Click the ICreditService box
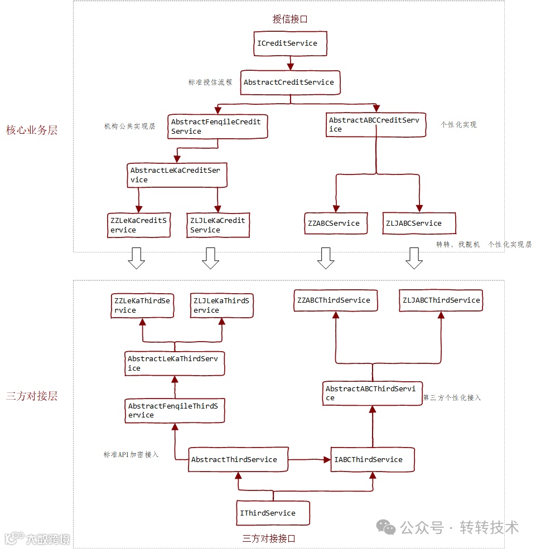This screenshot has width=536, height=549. point(289,43)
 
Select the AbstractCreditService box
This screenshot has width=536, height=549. point(290,82)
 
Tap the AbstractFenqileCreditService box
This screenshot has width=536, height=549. point(218,127)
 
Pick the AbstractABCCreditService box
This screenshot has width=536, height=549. point(375,125)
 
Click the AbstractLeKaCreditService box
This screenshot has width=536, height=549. point(177,175)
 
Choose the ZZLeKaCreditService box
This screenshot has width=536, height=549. point(139,225)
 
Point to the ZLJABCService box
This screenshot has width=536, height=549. point(419,224)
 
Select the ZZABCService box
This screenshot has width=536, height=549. point(336,224)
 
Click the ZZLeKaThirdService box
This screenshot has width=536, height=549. point(142,305)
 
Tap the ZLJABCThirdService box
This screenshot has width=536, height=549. point(441,300)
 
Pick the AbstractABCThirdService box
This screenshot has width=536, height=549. point(373,393)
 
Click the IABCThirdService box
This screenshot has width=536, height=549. point(373,460)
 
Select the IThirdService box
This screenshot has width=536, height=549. point(273,513)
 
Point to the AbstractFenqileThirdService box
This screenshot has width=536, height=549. point(175,411)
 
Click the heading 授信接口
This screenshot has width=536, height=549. point(290,19)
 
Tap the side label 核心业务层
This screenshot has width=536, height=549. point(32,130)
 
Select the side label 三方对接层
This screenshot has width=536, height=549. point(32,396)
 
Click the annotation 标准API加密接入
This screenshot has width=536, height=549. point(131,455)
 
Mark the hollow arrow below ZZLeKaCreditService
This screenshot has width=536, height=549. point(136,258)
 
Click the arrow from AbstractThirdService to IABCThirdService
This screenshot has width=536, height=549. point(310,460)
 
